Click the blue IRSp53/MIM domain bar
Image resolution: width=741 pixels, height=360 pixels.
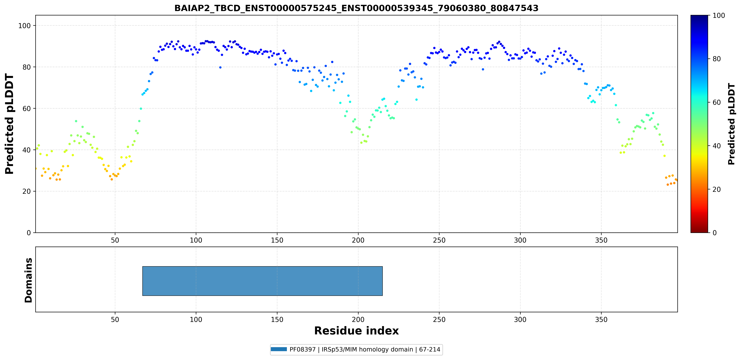pyautogui.click(x=262, y=281)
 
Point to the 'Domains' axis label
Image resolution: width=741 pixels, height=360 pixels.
pyautogui.click(x=28, y=280)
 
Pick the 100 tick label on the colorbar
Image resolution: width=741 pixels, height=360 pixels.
pyautogui.click(x=719, y=16)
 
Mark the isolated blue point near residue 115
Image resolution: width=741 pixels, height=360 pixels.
pyautogui.click(x=220, y=67)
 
